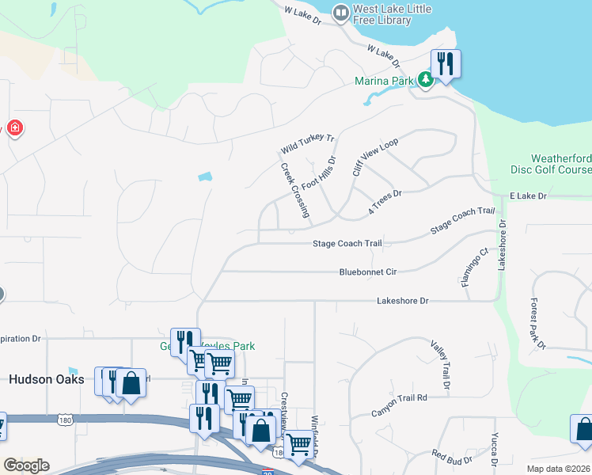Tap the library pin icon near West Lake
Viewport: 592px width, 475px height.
coord(341,13)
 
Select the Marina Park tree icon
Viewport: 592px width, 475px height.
coord(425,79)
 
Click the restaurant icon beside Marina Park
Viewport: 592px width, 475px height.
coord(446,63)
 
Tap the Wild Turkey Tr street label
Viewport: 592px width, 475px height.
coord(308,144)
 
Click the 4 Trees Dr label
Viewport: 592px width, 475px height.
coord(385,202)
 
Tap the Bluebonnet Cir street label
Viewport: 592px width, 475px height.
coord(367,272)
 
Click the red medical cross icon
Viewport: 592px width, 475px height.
coord(13,128)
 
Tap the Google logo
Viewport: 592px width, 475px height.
coord(26,465)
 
